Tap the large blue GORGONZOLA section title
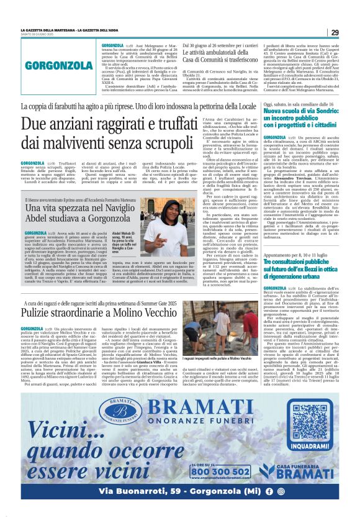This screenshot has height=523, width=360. [51, 65]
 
